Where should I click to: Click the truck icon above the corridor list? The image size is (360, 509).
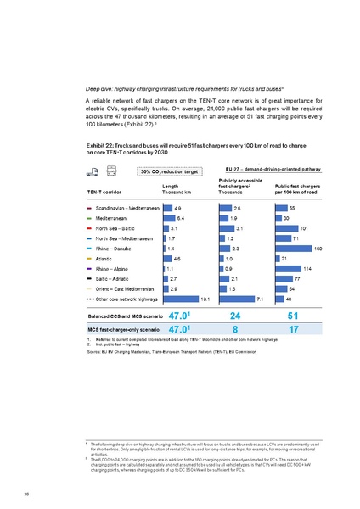click(92, 171)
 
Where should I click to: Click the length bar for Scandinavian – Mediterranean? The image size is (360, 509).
click(167, 208)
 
